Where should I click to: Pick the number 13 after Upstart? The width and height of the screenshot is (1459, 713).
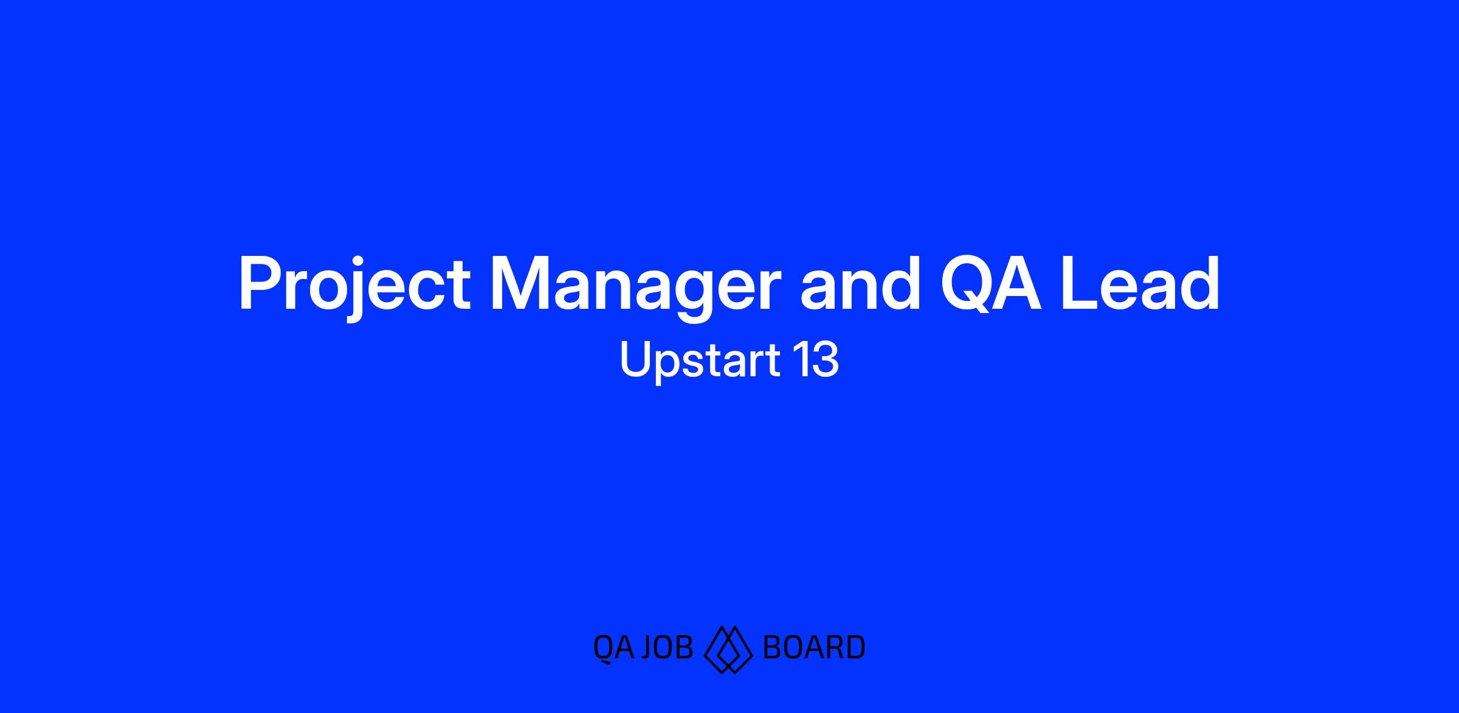[816, 360]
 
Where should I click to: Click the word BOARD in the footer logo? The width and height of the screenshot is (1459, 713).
[813, 647]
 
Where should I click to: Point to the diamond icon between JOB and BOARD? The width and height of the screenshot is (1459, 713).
[728, 649]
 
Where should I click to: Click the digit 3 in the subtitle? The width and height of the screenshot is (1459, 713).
[825, 360]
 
